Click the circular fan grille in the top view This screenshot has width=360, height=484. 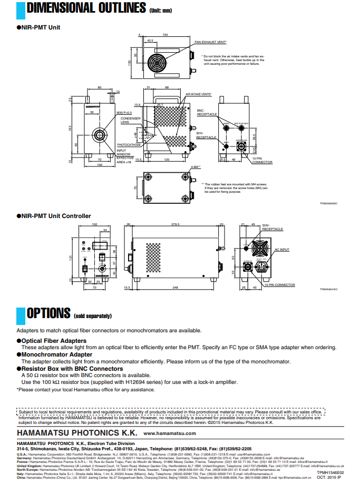pyautogui.click(x=156, y=62)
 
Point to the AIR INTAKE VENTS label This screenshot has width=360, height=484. pyautogui.click(x=198, y=94)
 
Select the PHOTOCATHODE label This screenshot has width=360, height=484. pyautogui.click(x=129, y=144)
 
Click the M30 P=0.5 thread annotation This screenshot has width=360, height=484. pyautogui.click(x=124, y=113)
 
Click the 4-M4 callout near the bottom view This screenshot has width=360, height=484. pyautogui.click(x=196, y=166)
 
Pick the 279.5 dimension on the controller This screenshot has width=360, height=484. pyautogui.click(x=176, y=224)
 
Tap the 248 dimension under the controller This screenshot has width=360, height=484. pyautogui.click(x=174, y=288)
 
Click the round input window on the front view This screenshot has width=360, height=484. pyautogui.click(x=98, y=131)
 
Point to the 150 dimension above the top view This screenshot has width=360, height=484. pyautogui.click(x=166, y=35)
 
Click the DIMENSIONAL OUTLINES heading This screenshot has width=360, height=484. pyautogui.click(x=87, y=8)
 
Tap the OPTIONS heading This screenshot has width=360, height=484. pyautogui.click(x=48, y=313)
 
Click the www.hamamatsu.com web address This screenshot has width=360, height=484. pyautogui.click(x=170, y=433)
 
